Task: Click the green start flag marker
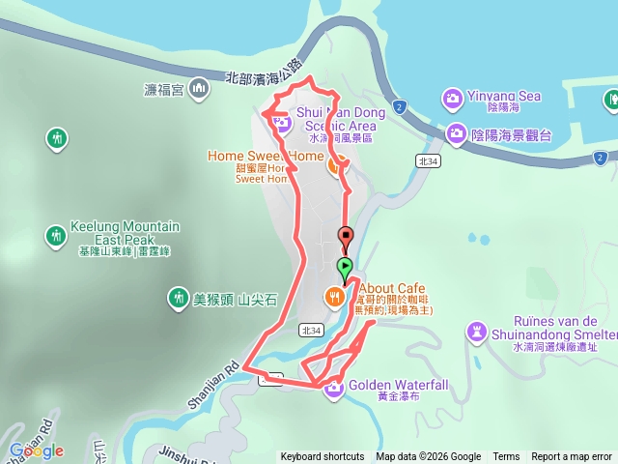coord(345,267)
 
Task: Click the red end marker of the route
coord(345,236)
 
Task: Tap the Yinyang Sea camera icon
coord(452,97)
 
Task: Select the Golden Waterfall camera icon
coord(334,389)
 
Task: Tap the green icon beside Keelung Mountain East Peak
coord(56,235)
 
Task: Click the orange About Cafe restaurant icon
coord(334,297)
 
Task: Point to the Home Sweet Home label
coord(266,156)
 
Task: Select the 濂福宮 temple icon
coord(199,90)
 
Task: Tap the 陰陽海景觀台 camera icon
coord(457,134)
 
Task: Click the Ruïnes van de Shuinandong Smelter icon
coord(475,333)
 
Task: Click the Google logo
coord(36,450)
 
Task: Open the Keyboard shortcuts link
coord(323,457)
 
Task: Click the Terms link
coord(506,457)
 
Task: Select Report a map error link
coord(572,457)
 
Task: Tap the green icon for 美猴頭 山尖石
coord(177,300)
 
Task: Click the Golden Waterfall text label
coord(398,385)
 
